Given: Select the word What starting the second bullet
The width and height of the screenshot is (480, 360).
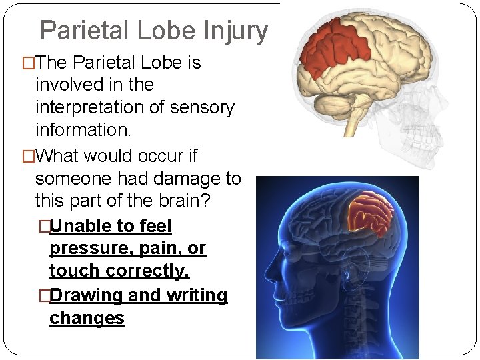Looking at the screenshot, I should tap(59, 156).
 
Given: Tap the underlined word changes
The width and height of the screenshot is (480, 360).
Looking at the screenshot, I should tap(87, 318).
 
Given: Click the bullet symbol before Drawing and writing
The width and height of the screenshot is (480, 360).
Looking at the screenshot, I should tap(43, 295).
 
